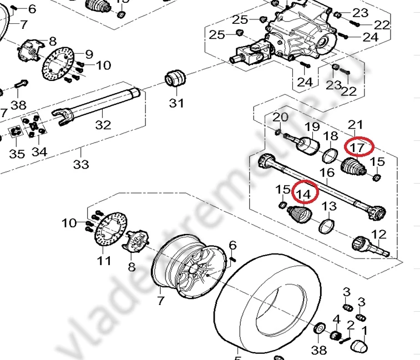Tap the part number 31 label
point(176,103)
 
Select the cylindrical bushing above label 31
point(176,78)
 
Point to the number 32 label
point(103,125)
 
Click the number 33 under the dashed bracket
point(81,164)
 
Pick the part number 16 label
point(327,173)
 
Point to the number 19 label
point(312,127)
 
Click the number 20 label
point(281,118)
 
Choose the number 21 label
point(355,124)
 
